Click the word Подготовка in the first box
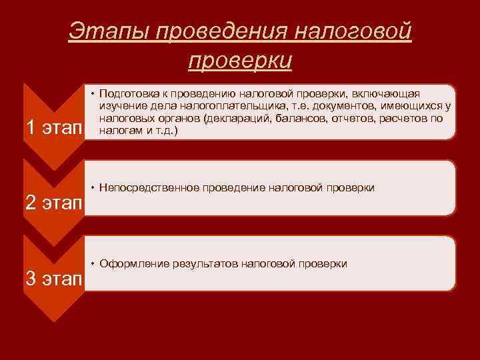click(129, 94)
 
